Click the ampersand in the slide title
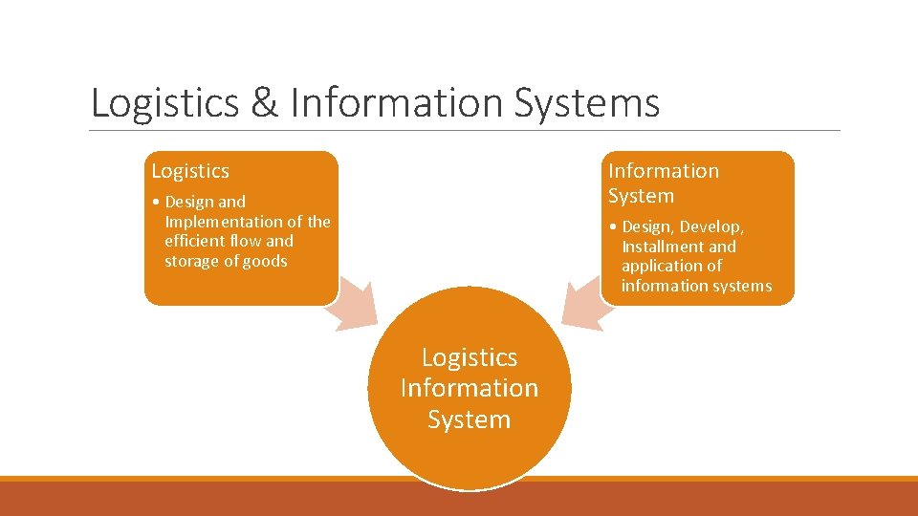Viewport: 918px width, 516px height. point(264,104)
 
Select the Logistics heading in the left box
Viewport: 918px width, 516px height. point(190,171)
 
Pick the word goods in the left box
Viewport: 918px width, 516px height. point(267,262)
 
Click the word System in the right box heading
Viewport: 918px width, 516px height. point(641,196)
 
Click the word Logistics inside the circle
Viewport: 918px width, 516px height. point(470,357)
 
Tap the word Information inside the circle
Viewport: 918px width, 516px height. point(470,388)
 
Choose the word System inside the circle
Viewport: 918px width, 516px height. point(470,419)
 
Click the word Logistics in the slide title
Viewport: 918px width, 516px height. point(164,104)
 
